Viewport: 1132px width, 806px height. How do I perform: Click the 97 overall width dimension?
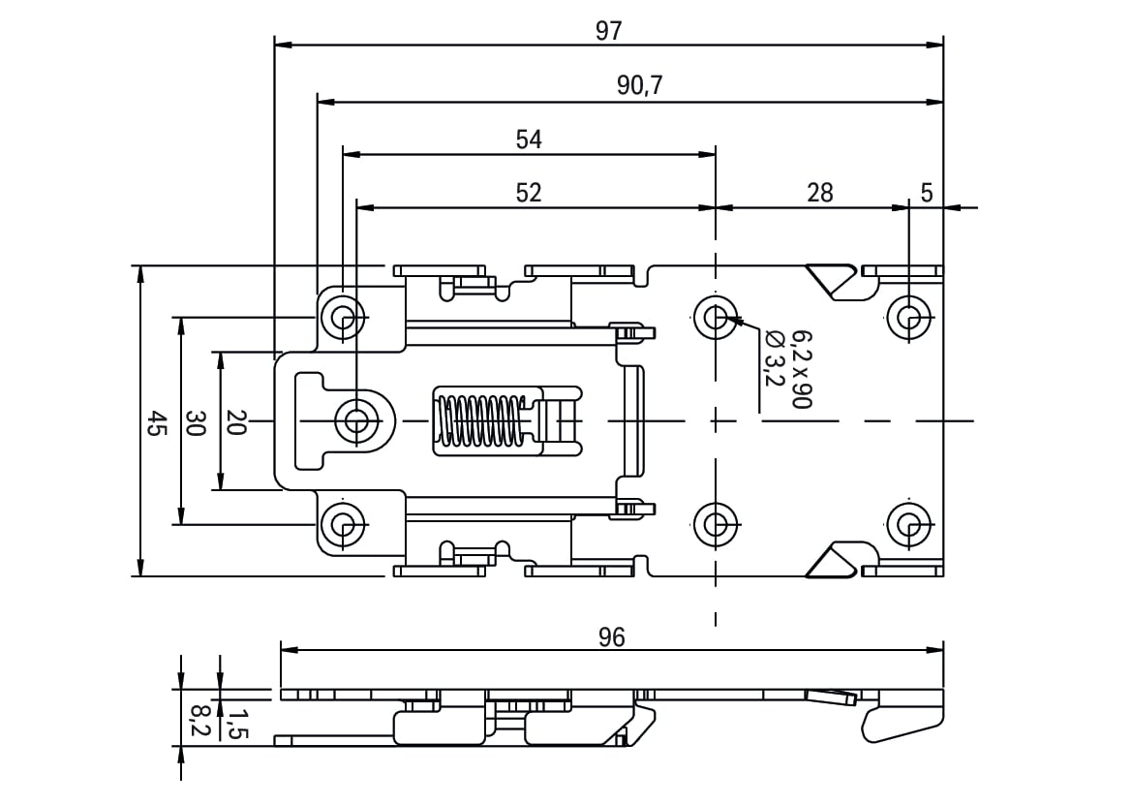pos(608,31)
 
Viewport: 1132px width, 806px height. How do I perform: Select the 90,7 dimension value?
pos(640,86)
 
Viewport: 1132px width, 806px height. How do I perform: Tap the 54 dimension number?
pos(529,139)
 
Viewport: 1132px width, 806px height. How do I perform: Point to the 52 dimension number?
pos(529,193)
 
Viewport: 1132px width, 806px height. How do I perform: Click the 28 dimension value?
pos(819,193)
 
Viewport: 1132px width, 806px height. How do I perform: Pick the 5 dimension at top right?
pos(927,193)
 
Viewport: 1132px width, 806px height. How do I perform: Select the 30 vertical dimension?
pos(196,423)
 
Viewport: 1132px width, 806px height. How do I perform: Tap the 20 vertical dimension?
pos(236,423)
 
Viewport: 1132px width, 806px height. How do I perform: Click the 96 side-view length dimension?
pos(611,637)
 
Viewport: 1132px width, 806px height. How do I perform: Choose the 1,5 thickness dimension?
pos(237,723)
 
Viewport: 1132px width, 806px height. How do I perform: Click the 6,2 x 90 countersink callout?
pos(802,369)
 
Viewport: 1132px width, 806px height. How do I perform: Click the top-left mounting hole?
pos(342,317)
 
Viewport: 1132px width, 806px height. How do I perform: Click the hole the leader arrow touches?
pos(715,317)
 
